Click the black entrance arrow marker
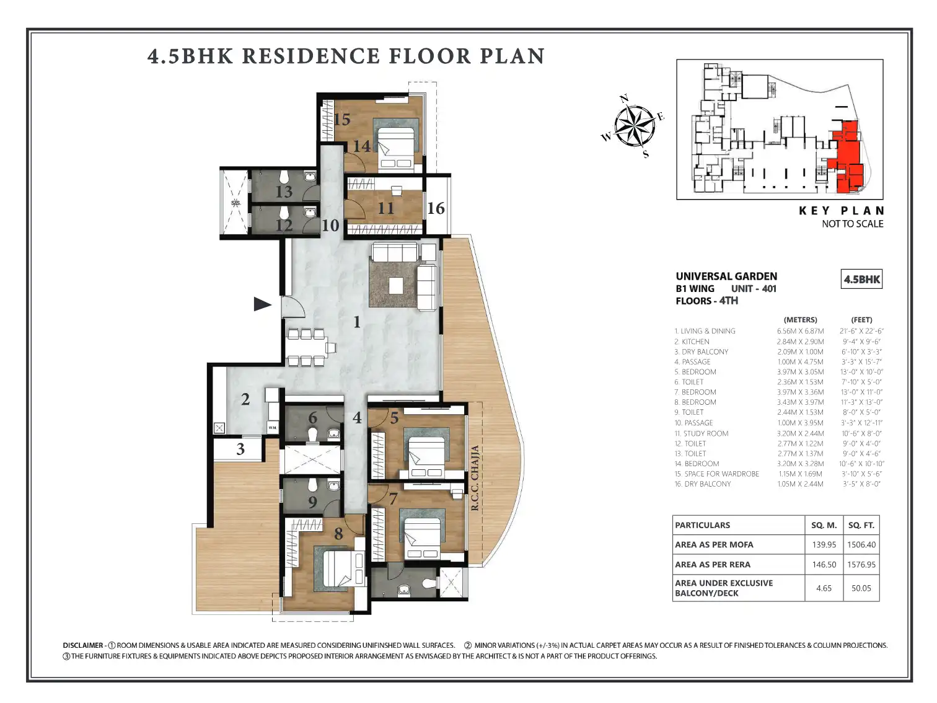click(x=262, y=304)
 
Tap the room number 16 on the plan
click(x=436, y=208)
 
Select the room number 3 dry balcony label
click(x=240, y=449)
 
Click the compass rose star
click(x=635, y=125)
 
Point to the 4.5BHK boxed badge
click(x=861, y=279)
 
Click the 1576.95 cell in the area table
click(x=861, y=564)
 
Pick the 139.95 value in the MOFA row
click(x=824, y=545)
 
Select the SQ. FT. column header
click(x=861, y=525)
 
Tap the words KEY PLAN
click(x=842, y=210)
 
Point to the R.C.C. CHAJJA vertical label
click(x=475, y=478)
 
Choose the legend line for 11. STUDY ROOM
click(x=702, y=433)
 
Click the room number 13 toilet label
click(x=284, y=192)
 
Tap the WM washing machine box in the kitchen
click(x=272, y=427)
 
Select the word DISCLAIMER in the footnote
click(x=83, y=645)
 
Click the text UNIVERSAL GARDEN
click(x=726, y=276)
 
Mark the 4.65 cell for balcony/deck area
click(x=824, y=588)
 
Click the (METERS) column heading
click(x=800, y=320)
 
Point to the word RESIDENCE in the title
click(x=310, y=56)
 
